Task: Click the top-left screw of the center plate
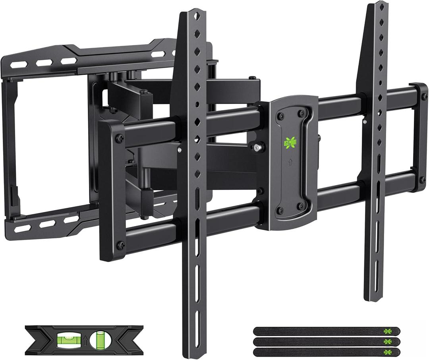[x=281, y=116]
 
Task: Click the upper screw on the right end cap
[x=423, y=97]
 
